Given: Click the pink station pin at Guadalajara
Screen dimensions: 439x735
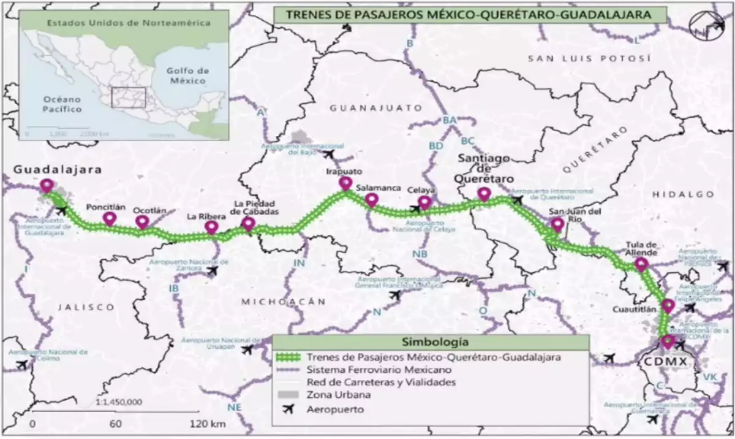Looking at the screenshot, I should [47, 185].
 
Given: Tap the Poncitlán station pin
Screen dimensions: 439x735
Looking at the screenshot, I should [110, 218].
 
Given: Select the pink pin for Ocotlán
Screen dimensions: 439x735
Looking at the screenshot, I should [142, 221].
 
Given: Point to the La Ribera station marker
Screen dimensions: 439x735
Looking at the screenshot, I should [211, 227].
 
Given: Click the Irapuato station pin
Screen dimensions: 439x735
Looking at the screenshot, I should [345, 183].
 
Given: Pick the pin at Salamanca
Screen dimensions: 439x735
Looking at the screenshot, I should [371, 199].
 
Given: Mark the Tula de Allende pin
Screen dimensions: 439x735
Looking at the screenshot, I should [641, 264].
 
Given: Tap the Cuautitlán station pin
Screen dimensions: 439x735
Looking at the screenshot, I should [668, 305].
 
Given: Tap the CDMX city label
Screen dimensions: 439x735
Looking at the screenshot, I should [664, 362].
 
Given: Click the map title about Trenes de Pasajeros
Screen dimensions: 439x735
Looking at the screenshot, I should [462, 15].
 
